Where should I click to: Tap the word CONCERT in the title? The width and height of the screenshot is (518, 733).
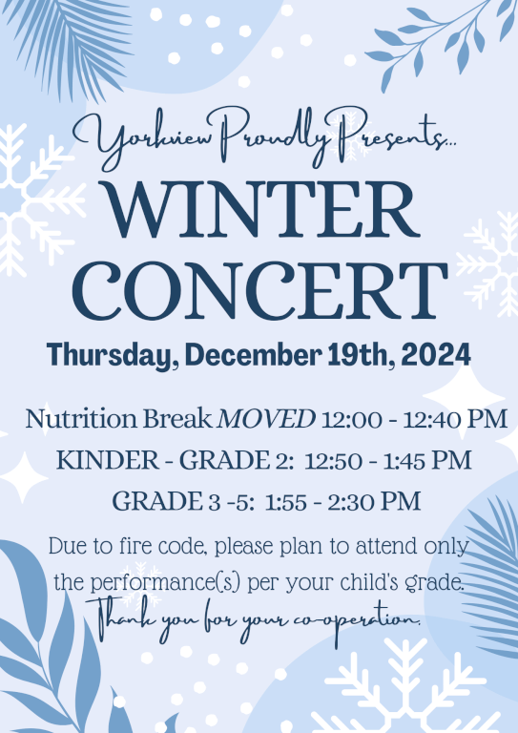pyautogui.click(x=259, y=290)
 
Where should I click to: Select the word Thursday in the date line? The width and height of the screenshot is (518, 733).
pyautogui.click(x=109, y=355)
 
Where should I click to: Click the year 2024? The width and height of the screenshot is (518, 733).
pyautogui.click(x=436, y=355)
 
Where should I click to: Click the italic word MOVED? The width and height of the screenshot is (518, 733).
pyautogui.click(x=267, y=419)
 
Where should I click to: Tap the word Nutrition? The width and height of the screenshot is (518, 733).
pyautogui.click(x=81, y=419)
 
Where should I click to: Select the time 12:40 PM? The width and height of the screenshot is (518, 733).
pyautogui.click(x=455, y=419)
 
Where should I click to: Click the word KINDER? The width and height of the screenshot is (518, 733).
pyautogui.click(x=108, y=460)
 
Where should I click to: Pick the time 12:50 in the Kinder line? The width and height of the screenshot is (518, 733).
pyautogui.click(x=333, y=461)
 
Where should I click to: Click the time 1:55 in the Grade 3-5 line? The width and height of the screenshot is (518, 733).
pyautogui.click(x=286, y=502)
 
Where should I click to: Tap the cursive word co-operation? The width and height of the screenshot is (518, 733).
pyautogui.click(x=357, y=619)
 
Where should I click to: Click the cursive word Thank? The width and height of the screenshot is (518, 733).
pyautogui.click(x=120, y=618)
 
